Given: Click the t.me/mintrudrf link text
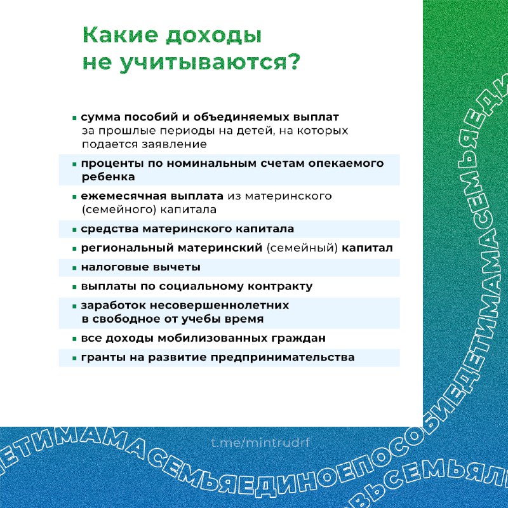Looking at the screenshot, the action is (261, 442).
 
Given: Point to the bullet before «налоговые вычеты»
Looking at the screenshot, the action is (74, 268).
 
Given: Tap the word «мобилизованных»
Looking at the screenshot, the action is (212, 338).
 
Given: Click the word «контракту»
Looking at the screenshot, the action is (280, 287).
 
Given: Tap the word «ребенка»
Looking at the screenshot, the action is (108, 177).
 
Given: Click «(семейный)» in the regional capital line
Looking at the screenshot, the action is (302, 248).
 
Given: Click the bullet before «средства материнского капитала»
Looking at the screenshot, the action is (74, 230).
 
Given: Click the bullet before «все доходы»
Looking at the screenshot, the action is (74, 339).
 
